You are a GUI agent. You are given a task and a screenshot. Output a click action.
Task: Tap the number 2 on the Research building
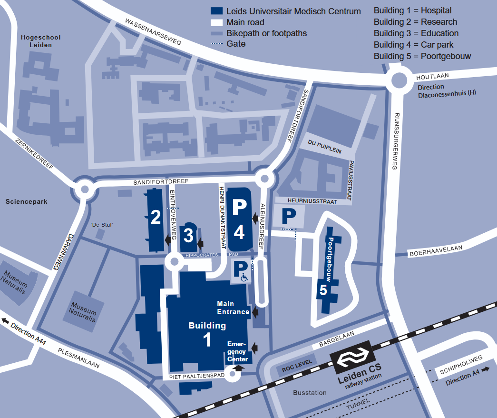click(156, 218)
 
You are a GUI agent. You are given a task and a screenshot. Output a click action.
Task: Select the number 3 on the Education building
click(189, 236)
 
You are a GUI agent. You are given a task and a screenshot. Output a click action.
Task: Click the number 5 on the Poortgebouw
click(323, 290)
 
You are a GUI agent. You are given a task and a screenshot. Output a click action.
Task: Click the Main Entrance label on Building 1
click(233, 308)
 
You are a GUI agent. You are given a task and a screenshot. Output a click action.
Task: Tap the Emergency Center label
click(237, 352)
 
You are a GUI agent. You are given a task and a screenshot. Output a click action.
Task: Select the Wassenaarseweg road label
click(153, 32)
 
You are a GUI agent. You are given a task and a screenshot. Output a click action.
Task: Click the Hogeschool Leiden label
click(40, 41)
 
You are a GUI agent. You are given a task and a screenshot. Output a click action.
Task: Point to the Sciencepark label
click(27, 201)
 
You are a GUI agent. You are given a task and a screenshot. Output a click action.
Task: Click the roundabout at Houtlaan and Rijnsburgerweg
click(399, 80)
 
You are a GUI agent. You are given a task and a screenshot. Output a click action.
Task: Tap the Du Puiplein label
click(324, 147)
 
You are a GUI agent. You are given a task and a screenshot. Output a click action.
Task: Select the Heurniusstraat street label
click(312, 201)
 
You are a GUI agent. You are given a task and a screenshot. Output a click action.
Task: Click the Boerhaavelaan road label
click(436, 251)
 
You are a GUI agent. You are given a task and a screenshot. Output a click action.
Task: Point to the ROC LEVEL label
click(297, 366)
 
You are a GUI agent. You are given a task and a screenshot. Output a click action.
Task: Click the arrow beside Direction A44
click(5, 321)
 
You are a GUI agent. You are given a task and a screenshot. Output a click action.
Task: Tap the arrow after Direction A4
click(485, 370)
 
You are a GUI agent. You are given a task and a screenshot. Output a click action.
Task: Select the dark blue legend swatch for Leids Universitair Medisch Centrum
click(217, 11)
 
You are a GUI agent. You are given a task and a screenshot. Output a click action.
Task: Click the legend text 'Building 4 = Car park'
click(413, 45)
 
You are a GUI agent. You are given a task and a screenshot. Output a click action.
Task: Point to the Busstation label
click(310, 393)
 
